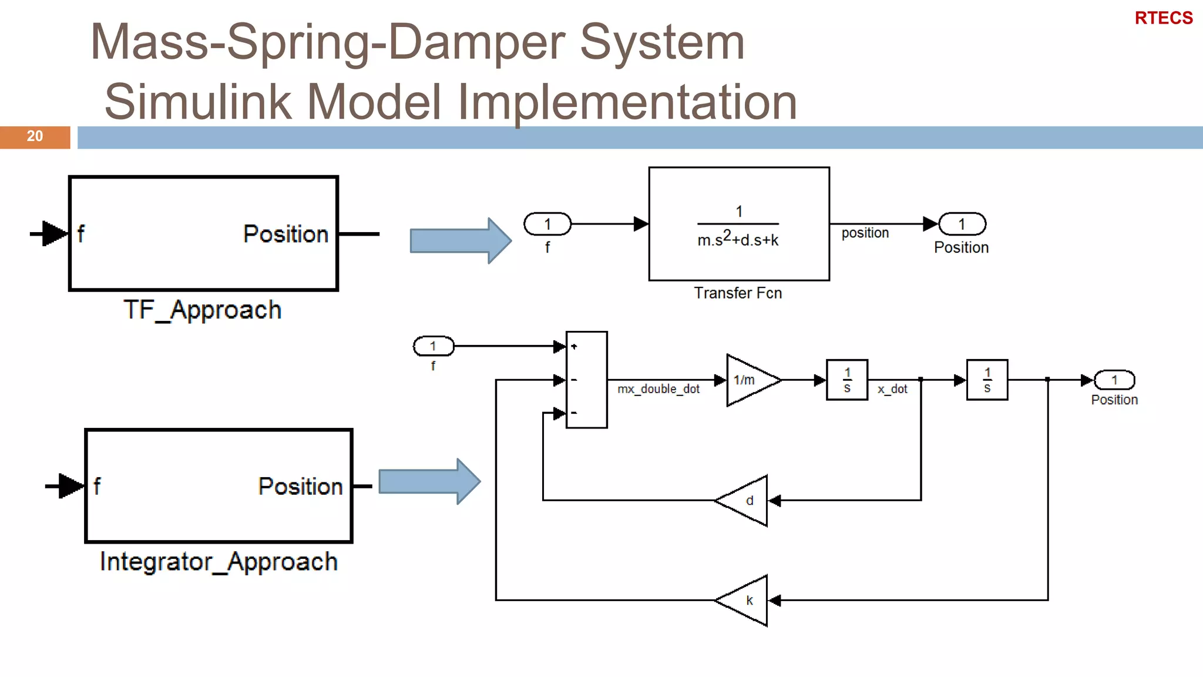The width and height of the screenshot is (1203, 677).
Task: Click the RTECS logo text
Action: (x=1163, y=18)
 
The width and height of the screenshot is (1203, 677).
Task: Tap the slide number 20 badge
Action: (x=35, y=136)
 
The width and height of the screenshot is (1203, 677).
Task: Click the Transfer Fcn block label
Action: (x=738, y=293)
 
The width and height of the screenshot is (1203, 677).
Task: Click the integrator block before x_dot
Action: (x=846, y=380)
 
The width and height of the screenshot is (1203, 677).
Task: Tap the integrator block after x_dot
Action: (x=987, y=380)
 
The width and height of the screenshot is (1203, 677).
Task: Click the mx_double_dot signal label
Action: (x=658, y=389)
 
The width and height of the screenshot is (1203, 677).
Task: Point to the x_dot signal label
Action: (x=892, y=389)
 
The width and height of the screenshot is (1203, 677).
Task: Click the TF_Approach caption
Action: (x=203, y=310)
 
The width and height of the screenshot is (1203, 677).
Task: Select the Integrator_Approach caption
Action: (x=219, y=562)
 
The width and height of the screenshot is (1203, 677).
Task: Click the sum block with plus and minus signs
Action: (x=586, y=380)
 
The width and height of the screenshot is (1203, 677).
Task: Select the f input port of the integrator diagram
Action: (x=434, y=346)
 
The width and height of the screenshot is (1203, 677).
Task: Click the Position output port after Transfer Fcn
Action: (x=962, y=224)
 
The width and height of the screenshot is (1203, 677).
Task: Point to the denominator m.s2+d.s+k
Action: (x=738, y=239)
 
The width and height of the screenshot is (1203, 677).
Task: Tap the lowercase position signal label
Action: (x=865, y=233)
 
